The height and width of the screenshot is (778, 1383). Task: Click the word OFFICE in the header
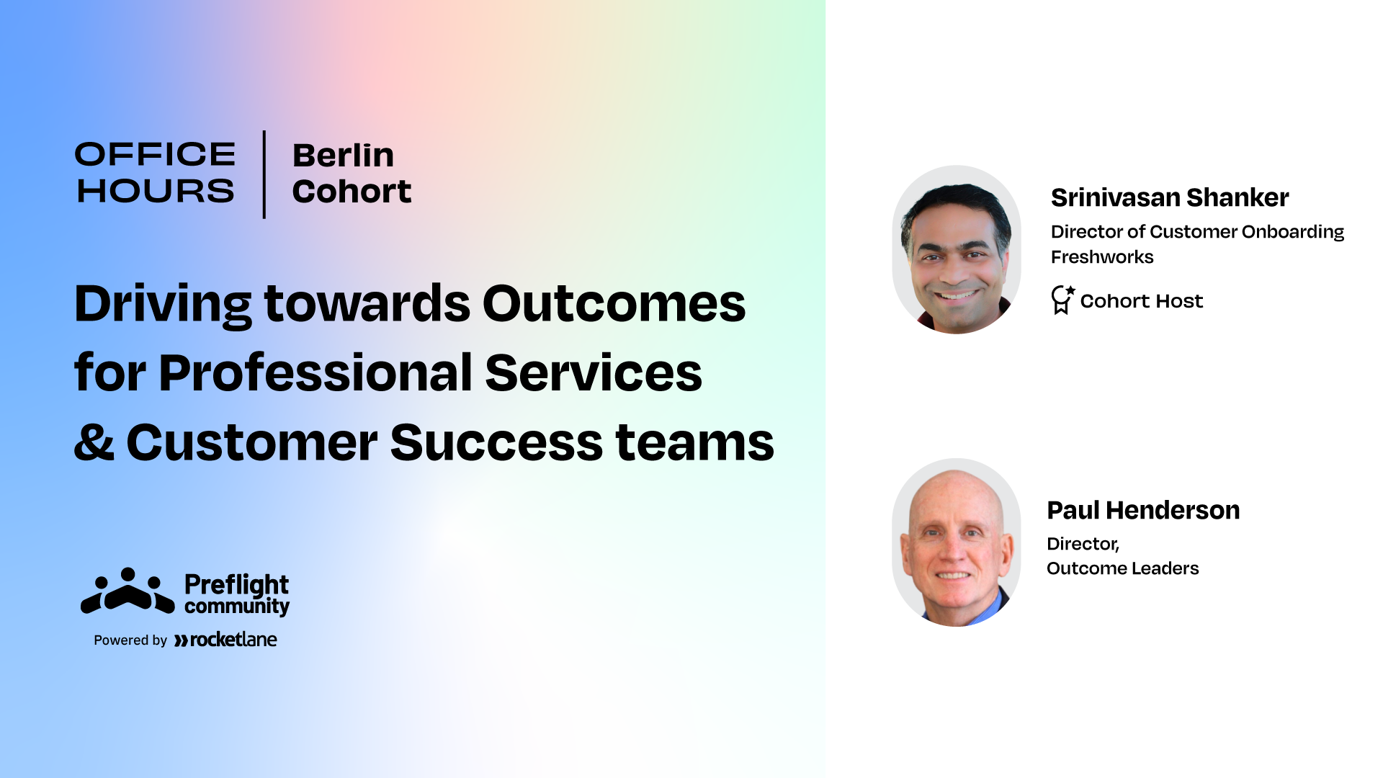click(155, 154)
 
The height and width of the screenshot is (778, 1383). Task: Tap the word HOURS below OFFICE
click(156, 191)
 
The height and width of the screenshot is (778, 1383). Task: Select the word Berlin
click(343, 155)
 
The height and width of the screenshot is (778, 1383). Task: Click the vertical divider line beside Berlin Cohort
click(264, 174)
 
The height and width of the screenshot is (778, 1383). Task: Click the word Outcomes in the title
click(614, 303)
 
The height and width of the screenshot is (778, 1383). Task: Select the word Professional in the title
click(315, 373)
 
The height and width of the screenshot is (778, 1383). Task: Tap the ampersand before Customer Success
click(94, 442)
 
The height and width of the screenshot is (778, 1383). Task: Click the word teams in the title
click(694, 442)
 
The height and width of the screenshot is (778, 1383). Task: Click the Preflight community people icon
click(127, 591)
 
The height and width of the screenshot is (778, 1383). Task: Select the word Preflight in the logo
click(236, 585)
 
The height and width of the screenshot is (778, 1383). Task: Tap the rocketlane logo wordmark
click(225, 640)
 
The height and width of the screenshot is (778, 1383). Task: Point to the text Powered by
click(130, 640)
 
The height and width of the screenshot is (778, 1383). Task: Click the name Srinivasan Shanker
click(1170, 197)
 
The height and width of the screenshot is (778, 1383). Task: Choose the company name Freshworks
click(1102, 257)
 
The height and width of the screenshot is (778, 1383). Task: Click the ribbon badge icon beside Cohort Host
click(1062, 300)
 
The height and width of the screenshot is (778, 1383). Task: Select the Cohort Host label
click(1142, 301)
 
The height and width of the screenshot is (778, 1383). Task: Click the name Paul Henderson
click(1143, 510)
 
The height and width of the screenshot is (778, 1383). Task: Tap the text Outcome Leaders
click(1122, 568)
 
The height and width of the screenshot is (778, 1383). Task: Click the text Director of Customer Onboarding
click(1197, 232)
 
